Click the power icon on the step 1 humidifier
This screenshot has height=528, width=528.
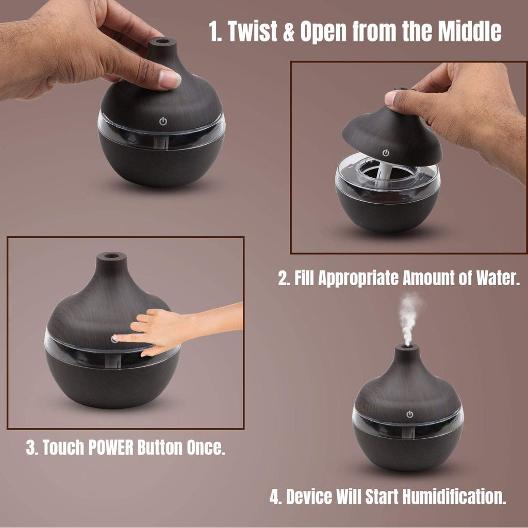coord(163,121)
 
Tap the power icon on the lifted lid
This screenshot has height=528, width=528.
coord(386,153)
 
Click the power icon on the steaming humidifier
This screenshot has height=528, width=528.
coord(409,414)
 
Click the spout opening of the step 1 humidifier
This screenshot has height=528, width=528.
coord(162,41)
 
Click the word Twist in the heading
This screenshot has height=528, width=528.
coord(252,31)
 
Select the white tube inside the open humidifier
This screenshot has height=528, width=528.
coord(387,168)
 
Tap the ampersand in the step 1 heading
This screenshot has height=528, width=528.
coord(289,31)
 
